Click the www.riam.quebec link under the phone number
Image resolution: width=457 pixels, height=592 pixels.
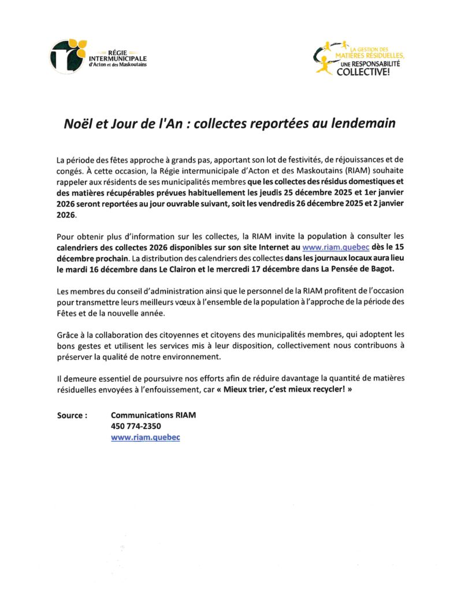tap(145, 438)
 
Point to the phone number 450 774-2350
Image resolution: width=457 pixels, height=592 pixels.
tap(136, 427)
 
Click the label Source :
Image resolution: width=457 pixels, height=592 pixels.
tap(72, 416)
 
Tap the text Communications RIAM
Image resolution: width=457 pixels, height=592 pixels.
tap(149, 416)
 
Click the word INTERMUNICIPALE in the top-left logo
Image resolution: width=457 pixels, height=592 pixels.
tap(118, 58)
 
